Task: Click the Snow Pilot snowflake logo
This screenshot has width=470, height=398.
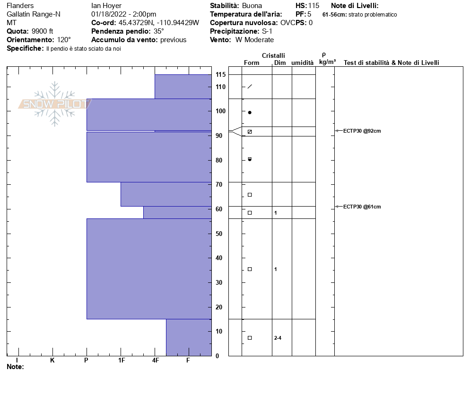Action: coord(54,104)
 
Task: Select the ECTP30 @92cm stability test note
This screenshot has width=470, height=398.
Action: coord(362,131)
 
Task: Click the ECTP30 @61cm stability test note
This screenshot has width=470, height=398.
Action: coord(362,207)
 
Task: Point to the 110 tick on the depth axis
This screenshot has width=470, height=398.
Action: coord(220,87)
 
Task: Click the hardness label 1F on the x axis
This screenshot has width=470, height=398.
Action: coord(122,361)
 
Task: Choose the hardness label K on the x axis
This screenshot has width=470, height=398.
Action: coord(52,361)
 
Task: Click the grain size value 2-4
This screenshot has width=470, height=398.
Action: coord(278,338)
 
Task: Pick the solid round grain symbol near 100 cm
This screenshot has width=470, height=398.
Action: coord(250,113)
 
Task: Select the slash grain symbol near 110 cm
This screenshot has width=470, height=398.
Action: coord(250,86)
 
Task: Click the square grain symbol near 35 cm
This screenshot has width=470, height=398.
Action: coord(250,269)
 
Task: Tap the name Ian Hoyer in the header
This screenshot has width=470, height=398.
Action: coord(106,6)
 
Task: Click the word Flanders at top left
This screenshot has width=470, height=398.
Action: coord(20,6)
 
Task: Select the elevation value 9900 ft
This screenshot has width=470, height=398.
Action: coord(43,31)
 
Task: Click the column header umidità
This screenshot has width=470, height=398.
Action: coord(302,63)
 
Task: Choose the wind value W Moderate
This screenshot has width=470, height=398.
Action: coord(254,40)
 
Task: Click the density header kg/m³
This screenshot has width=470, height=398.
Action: coord(327,62)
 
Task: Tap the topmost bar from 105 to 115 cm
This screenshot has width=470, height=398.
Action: coord(183,86)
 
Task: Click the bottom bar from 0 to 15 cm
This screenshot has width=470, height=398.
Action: coord(189,337)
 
